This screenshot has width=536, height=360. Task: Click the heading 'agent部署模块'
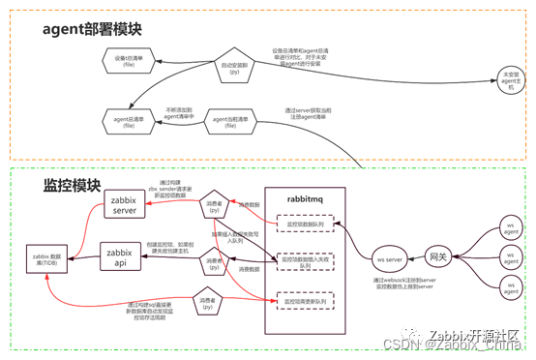92,28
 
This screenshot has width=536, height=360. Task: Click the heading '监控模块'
70,184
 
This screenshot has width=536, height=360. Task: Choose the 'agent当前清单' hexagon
231,121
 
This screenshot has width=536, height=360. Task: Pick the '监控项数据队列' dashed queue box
305,225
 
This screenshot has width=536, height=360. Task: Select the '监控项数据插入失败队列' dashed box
305,260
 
